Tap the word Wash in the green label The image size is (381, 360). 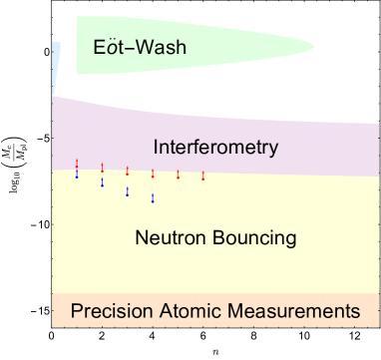165,47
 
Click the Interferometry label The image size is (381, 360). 214,148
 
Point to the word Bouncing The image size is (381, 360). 256,238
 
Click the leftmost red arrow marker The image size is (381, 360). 77,164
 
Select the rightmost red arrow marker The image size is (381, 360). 203,176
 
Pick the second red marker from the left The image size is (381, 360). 102,168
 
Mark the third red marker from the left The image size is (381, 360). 128,172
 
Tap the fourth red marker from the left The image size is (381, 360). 153,174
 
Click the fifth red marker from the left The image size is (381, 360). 179,175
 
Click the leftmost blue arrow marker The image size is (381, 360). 77,174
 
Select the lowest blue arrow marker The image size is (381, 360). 153,198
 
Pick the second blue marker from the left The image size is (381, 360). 102,182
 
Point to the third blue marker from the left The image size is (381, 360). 128,191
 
